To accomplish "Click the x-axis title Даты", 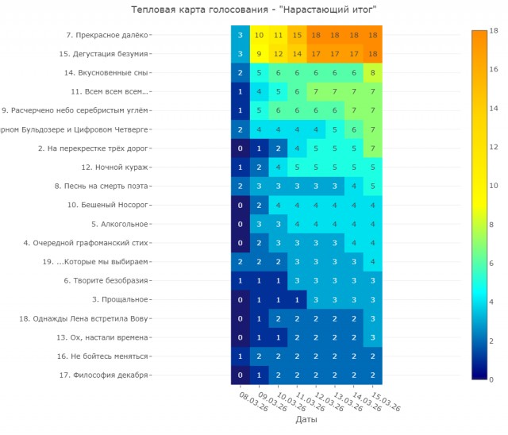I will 307,419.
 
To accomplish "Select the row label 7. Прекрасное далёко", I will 107,35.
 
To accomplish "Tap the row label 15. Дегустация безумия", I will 103,54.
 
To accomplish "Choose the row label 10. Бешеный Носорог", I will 108,205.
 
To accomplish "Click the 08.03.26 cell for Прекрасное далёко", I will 241,35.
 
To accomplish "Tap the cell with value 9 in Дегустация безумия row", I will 259,54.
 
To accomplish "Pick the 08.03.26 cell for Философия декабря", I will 241,375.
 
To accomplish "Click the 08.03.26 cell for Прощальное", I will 241,299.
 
